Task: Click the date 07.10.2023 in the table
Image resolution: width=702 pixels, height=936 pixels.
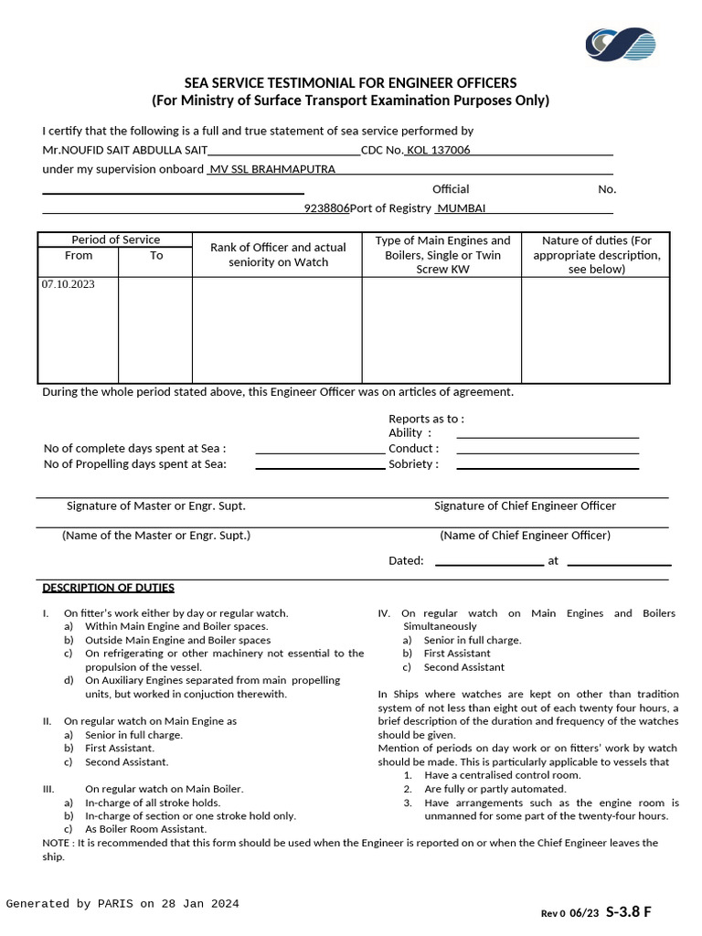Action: click(x=68, y=284)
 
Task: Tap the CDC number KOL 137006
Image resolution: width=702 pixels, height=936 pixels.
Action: click(x=439, y=150)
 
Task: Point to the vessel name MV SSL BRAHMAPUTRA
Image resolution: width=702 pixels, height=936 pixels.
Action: click(x=272, y=169)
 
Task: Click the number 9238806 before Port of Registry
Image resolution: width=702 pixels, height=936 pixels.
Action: click(x=326, y=208)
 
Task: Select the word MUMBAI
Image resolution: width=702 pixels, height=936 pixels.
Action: click(x=463, y=208)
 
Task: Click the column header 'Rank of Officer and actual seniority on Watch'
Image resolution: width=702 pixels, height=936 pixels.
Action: click(x=278, y=255)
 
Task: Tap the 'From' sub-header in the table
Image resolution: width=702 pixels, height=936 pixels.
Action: click(x=79, y=256)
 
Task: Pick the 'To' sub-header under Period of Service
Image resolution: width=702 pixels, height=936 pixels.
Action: click(x=156, y=256)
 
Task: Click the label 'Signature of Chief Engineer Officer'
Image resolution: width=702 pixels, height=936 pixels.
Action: click(x=525, y=505)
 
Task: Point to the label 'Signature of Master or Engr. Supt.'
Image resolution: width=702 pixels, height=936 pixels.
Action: click(x=155, y=505)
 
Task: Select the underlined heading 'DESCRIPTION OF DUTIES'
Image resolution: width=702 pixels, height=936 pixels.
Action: click(x=108, y=588)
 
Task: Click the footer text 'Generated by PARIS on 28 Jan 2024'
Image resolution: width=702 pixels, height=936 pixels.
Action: click(x=122, y=904)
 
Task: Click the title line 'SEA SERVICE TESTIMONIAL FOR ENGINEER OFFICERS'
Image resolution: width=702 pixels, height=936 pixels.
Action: click(x=350, y=83)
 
